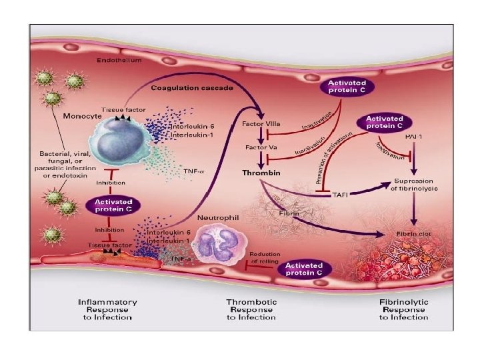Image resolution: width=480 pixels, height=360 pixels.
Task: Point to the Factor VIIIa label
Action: pos(260,125)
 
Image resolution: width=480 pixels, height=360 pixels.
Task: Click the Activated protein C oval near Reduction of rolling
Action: pos(303,269)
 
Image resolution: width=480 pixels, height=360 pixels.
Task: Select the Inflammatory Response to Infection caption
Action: pos(107,309)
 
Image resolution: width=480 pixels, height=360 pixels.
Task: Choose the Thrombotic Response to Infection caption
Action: pos(251,309)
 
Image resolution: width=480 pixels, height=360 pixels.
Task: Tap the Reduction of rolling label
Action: pos(265,257)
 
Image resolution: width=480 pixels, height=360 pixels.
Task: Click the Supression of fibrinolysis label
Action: pos(415,185)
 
